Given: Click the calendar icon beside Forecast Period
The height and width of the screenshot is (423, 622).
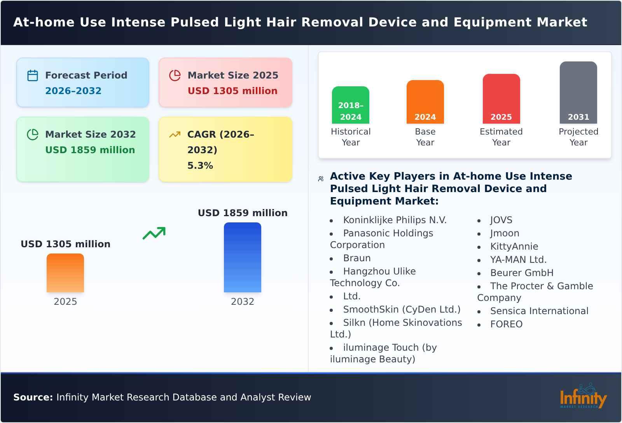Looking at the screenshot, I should click(33, 75).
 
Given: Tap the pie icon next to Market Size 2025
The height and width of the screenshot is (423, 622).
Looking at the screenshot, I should click(175, 75).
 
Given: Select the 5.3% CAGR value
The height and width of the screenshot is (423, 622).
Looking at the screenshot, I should click(200, 166).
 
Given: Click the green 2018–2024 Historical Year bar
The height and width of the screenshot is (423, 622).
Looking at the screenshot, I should click(350, 105).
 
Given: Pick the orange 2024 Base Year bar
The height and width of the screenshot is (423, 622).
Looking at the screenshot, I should click(425, 102).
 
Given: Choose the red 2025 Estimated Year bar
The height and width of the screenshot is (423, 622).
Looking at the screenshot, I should click(501, 99).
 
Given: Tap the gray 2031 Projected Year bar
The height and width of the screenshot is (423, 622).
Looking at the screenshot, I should click(578, 93).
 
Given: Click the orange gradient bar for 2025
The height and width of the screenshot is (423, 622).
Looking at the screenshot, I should click(65, 273).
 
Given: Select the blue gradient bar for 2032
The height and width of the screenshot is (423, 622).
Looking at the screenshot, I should click(242, 257).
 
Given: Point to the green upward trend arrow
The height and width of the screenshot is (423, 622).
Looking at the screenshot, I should click(154, 233).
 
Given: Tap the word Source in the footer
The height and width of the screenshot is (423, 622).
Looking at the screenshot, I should click(33, 397).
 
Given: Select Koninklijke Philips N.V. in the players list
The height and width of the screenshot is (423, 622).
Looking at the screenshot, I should click(395, 220).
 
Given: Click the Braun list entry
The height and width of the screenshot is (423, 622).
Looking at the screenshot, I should click(356, 258).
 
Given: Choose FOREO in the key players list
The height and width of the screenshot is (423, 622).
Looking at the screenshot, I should click(506, 324).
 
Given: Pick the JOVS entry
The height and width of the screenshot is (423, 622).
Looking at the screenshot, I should click(501, 220).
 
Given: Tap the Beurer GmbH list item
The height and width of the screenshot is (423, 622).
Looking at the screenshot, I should click(522, 273).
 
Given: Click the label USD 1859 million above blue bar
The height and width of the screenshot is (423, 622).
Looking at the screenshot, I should click(243, 213).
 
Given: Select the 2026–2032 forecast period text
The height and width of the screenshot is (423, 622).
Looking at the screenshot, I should click(73, 91).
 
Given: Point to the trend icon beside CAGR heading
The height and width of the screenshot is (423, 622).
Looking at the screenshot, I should click(175, 135).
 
